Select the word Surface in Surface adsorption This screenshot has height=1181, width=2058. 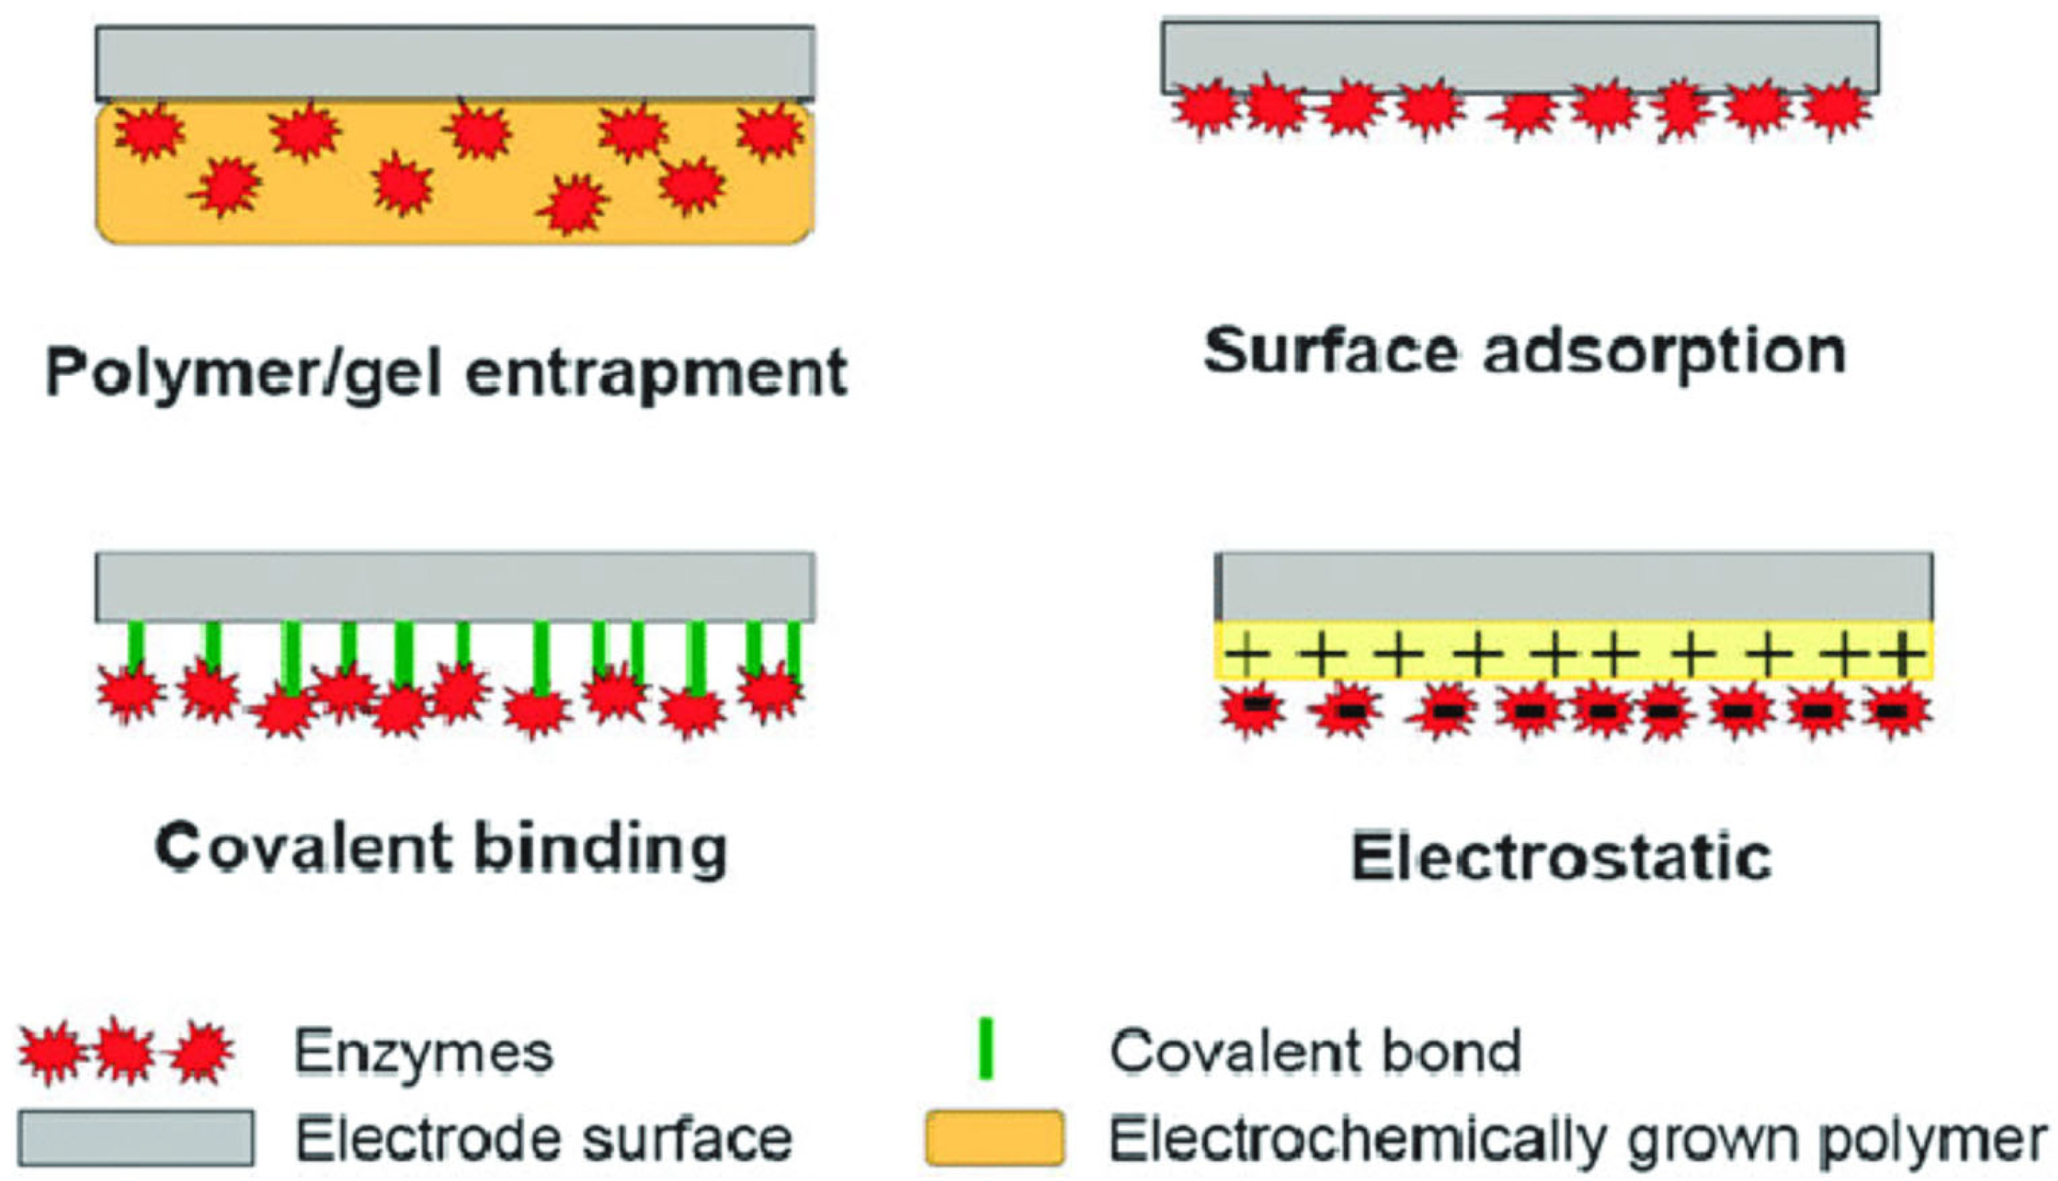1330,352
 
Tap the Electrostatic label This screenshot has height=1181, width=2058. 1561,857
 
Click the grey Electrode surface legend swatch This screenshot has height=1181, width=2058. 135,1137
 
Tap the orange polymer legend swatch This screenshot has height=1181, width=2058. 995,1137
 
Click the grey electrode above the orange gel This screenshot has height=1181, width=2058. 454,62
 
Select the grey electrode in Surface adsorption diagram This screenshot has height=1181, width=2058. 1520,57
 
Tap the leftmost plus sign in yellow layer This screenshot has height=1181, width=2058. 1247,653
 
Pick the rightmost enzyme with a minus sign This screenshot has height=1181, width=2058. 1896,711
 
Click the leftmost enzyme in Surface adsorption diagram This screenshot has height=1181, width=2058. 1206,108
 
